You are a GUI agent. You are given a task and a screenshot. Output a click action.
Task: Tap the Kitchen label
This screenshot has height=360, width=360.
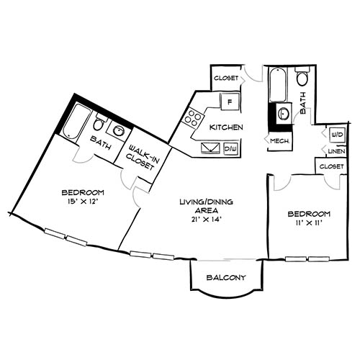[225, 127]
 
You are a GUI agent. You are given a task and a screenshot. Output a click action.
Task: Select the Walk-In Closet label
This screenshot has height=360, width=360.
[140, 156]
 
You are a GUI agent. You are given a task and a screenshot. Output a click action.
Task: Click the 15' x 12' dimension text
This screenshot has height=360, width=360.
[83, 202]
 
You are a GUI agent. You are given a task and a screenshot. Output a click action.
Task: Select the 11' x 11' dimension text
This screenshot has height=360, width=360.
[309, 223]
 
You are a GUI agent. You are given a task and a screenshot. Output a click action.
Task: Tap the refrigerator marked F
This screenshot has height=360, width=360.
[230, 102]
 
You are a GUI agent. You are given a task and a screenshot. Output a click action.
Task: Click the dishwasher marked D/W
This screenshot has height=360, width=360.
[230, 148]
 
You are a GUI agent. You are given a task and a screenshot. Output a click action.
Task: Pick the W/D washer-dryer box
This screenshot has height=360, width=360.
[336, 135]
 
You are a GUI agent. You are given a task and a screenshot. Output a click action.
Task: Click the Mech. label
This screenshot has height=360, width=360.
[280, 141]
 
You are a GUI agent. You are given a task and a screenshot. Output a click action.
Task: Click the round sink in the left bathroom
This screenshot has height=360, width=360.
[118, 131]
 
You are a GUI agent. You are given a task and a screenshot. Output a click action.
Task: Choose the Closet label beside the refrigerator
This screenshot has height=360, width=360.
[226, 77]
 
